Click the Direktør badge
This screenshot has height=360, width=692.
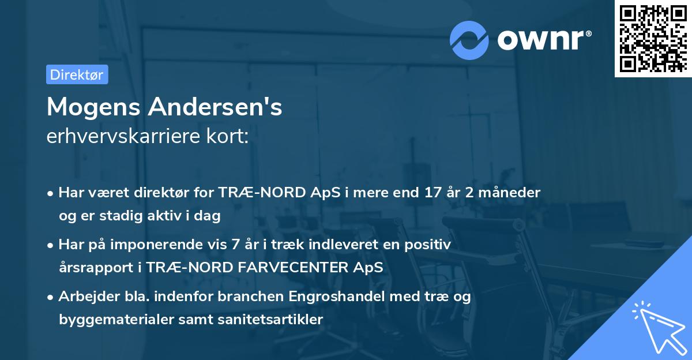77,74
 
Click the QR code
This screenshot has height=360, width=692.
652,39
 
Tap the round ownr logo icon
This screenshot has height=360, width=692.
470,40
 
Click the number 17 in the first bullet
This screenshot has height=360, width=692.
432,193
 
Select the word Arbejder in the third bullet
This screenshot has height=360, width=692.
84,297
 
